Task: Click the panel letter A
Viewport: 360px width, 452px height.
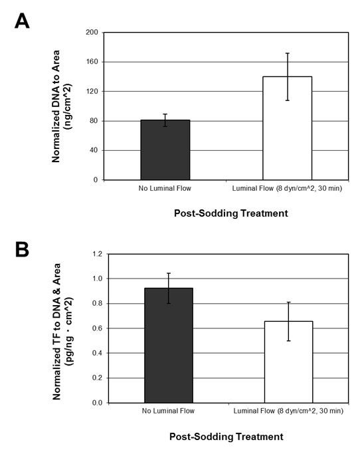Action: click(x=22, y=21)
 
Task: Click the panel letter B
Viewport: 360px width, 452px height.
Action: click(x=22, y=250)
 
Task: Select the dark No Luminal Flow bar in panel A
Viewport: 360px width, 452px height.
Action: click(x=165, y=150)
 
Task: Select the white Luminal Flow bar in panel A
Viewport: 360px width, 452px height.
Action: click(x=287, y=128)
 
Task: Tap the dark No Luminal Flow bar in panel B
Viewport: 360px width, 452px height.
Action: click(x=169, y=346)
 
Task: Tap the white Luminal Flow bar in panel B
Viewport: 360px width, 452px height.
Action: click(x=288, y=362)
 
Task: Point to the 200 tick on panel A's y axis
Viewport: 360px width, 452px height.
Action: click(x=92, y=33)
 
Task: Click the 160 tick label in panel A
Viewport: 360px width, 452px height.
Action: click(x=92, y=62)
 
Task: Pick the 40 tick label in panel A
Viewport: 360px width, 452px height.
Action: click(x=94, y=150)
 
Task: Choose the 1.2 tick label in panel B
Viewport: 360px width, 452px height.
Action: click(x=97, y=254)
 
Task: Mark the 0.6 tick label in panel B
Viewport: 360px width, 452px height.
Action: click(x=97, y=328)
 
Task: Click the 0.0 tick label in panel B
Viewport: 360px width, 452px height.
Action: click(x=97, y=403)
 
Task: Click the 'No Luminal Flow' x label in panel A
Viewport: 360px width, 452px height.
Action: click(x=165, y=188)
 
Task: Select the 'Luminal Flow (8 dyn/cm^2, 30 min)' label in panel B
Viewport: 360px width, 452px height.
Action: click(x=288, y=411)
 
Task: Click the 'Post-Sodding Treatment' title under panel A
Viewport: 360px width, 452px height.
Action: click(x=231, y=213)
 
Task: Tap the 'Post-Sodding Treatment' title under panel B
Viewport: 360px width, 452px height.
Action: click(x=226, y=437)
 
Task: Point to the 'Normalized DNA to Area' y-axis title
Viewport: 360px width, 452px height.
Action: click(x=56, y=106)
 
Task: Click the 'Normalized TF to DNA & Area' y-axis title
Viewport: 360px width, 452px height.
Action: click(x=56, y=332)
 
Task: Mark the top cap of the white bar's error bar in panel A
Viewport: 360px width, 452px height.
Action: click(x=288, y=53)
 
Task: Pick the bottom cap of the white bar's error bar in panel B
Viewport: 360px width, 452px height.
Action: click(x=288, y=341)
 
